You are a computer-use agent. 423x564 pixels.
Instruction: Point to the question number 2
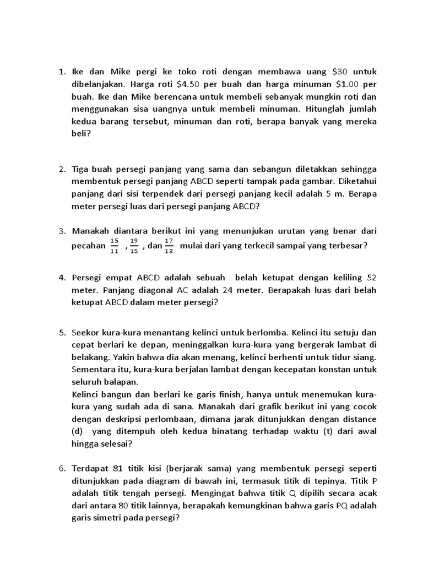[x=62, y=169]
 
